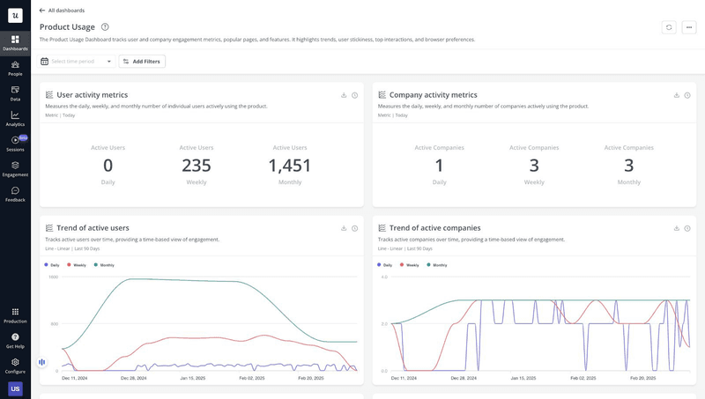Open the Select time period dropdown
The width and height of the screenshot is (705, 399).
coord(78,62)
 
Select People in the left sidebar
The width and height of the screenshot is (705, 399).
coord(15,67)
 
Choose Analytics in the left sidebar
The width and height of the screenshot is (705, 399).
coord(15,117)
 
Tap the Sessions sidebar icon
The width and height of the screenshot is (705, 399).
coord(15,142)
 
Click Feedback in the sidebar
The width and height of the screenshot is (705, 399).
coord(15,193)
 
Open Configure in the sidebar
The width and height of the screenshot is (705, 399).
coord(15,365)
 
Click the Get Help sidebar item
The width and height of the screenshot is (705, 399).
coord(15,340)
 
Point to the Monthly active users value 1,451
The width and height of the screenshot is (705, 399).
coord(290,166)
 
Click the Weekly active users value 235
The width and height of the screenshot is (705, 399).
coord(197,166)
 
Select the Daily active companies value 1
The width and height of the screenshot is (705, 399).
coord(440,166)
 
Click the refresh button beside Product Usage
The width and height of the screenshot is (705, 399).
coord(669,27)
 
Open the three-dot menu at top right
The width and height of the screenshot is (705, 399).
coord(688,27)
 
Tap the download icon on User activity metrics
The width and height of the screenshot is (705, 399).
coord(344,95)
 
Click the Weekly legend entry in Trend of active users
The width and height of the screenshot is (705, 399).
coord(77,264)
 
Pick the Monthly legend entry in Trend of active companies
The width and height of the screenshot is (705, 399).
coord(436,264)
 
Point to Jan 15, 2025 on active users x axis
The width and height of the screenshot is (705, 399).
coord(192,378)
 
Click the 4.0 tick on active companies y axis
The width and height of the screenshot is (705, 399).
coord(383,277)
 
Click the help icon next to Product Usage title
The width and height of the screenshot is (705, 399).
coord(105,27)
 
